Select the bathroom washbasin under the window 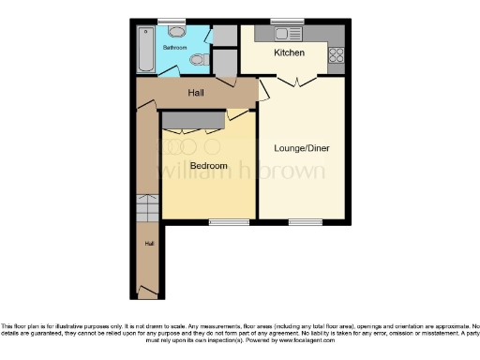[x=177, y=30]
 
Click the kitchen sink [x=285, y=35]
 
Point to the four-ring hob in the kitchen [x=336, y=54]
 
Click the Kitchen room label [x=289, y=53]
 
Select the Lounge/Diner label [x=301, y=148]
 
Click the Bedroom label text [x=208, y=166]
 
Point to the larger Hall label [x=196, y=93]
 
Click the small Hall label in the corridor [x=148, y=244]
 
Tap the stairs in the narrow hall [x=148, y=207]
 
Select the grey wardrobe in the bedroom [x=193, y=120]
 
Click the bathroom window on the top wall [x=172, y=21]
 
